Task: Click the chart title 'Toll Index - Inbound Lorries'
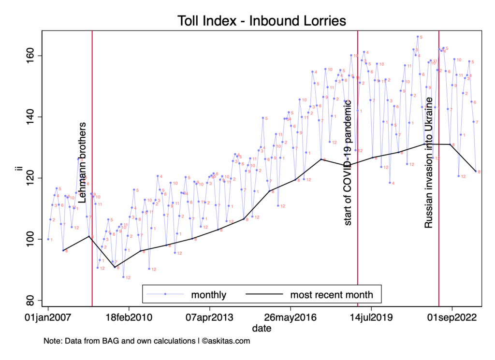point(262,21)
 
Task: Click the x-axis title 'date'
point(262,329)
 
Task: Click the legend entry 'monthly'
point(209,294)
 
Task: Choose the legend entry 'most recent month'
point(332,294)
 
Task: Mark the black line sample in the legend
point(263,294)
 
